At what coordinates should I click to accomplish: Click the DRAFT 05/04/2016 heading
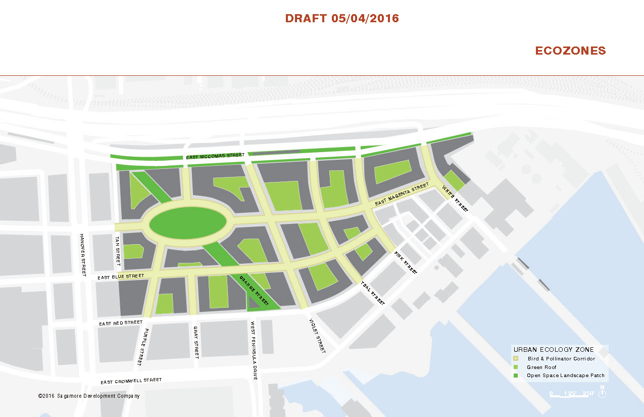click(342, 19)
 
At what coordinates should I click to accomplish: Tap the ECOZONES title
click(570, 51)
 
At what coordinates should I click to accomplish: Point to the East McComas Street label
click(215, 156)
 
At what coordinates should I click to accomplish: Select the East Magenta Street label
click(402, 197)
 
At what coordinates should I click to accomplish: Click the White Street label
click(455, 198)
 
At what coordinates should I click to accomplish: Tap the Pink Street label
click(406, 262)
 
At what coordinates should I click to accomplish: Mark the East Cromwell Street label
click(131, 381)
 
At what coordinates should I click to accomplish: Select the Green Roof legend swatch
click(516, 367)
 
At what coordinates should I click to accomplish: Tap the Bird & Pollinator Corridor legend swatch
click(516, 358)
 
